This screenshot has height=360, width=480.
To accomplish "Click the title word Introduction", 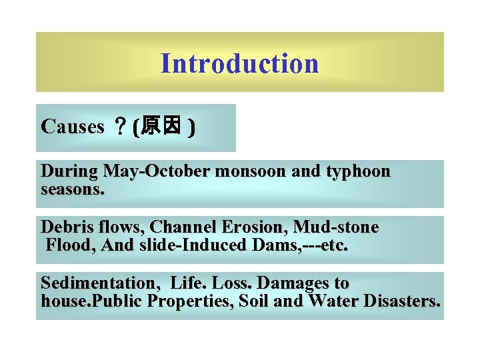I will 239,64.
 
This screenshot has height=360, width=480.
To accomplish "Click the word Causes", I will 72,127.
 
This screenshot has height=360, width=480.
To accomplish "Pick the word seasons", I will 73,189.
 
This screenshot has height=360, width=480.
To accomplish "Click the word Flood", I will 71,245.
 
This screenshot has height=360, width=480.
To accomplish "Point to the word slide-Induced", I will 187,245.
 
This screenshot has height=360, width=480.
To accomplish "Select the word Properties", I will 189,301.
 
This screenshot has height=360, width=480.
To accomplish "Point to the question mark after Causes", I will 121,127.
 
